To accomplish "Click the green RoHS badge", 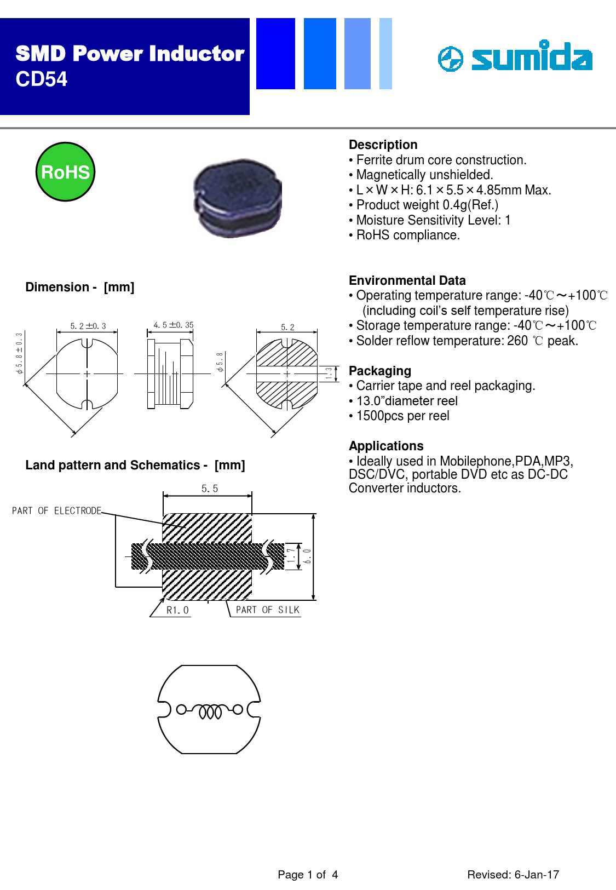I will [x=65, y=172].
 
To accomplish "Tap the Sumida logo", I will [x=515, y=57].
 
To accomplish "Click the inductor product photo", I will [x=238, y=198].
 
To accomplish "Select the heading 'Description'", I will [x=383, y=145].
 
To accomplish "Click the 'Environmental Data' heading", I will [x=407, y=280].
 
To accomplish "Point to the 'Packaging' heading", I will [x=379, y=371].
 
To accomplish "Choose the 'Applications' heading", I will [x=386, y=446].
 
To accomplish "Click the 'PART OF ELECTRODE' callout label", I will [x=56, y=510].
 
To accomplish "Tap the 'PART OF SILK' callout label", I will [x=267, y=610].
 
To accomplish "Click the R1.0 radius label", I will [x=177, y=610].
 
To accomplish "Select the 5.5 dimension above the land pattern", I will [x=209, y=489].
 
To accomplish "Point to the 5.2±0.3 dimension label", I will [x=88, y=326].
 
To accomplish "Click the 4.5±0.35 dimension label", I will [x=173, y=325].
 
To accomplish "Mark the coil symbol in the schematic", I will [x=210, y=711].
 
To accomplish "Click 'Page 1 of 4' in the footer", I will [x=308, y=875].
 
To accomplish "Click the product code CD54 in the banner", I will [x=42, y=79].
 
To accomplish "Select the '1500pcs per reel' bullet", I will [x=402, y=416].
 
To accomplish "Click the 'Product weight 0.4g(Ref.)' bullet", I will [x=427, y=205].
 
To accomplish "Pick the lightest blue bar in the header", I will [x=385, y=54].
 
